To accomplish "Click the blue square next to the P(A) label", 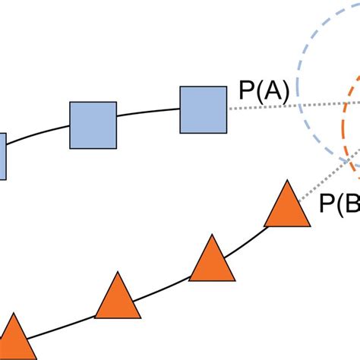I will tap(203, 109).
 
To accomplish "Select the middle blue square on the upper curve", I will tap(93, 125).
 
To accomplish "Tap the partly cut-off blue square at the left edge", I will tap(2, 156).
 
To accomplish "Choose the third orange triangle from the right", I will tap(118, 299).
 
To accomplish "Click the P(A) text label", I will tap(264, 92).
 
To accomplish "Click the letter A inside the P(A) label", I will tap(273, 92).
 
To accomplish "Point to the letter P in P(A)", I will tap(247, 92).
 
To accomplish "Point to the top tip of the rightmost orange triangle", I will tap(288, 182).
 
